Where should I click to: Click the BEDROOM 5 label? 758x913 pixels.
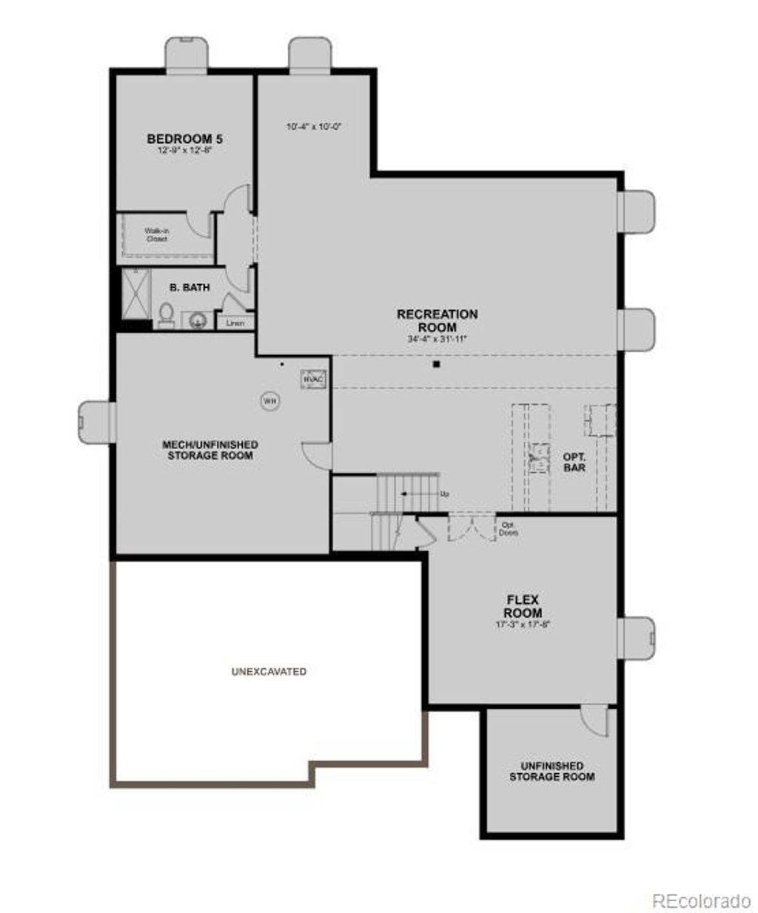pyautogui.click(x=184, y=138)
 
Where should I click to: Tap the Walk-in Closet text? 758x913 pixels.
pyautogui.click(x=156, y=235)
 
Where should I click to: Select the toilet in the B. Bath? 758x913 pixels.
pyautogui.click(x=166, y=315)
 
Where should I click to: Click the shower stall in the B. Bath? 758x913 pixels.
pyautogui.click(x=135, y=292)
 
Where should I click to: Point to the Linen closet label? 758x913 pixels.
pyautogui.click(x=235, y=323)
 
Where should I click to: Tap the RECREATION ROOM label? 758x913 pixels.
pyautogui.click(x=437, y=320)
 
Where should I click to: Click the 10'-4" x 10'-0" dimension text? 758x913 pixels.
pyautogui.click(x=312, y=127)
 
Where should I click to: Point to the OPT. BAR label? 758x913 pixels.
pyautogui.click(x=574, y=462)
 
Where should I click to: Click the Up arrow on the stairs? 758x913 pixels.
pyautogui.click(x=423, y=493)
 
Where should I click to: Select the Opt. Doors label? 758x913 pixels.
pyautogui.click(x=509, y=528)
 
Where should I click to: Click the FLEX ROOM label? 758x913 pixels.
pyautogui.click(x=523, y=606)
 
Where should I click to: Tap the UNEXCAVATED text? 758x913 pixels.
pyautogui.click(x=269, y=672)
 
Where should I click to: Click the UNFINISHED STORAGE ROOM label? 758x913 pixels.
pyautogui.click(x=551, y=771)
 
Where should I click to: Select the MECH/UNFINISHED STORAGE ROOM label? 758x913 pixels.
pyautogui.click(x=210, y=450)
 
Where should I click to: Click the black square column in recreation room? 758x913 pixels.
pyautogui.click(x=437, y=364)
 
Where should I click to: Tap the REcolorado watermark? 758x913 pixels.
pyautogui.click(x=701, y=900)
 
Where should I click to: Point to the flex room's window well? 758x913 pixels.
pyautogui.click(x=637, y=637)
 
